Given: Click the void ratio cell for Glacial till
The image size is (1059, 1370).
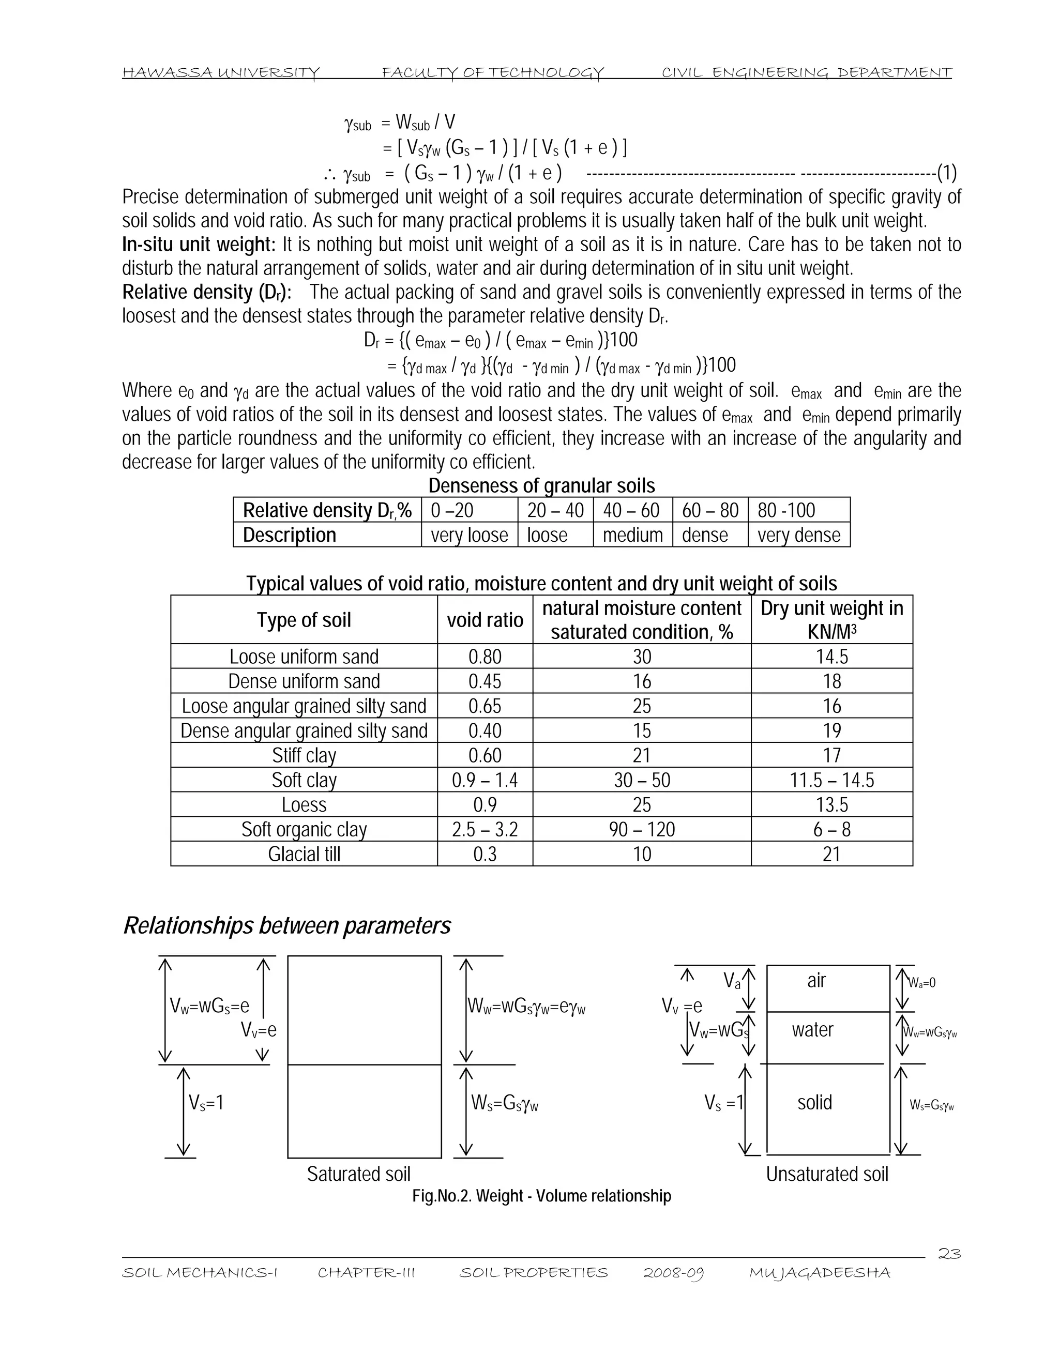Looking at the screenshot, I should click(x=485, y=854).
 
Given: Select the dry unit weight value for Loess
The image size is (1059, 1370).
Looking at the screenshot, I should click(x=831, y=805).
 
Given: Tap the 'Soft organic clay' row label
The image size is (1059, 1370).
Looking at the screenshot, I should click(x=304, y=829).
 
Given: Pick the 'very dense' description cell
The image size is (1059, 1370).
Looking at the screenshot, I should click(x=798, y=535).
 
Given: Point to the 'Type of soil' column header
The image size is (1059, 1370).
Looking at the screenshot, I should click(x=304, y=620).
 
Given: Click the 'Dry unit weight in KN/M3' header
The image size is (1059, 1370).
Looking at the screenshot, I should click(x=831, y=620).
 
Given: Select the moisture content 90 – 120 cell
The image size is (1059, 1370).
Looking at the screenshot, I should click(x=641, y=829).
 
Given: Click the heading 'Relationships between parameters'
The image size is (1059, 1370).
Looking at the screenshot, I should click(x=286, y=926).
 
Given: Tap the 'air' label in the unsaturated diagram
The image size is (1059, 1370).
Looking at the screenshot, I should click(x=815, y=980).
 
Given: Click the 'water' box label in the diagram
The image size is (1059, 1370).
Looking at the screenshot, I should click(x=812, y=1029).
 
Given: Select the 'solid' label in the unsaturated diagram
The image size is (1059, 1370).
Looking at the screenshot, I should click(x=814, y=1102).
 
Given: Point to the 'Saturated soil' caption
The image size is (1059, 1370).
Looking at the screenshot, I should click(x=358, y=1174).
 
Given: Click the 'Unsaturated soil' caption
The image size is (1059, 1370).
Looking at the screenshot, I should click(x=827, y=1174).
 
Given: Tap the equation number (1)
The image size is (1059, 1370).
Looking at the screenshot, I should click(x=946, y=172).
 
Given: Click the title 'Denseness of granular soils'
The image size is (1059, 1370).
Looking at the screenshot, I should click(x=541, y=485).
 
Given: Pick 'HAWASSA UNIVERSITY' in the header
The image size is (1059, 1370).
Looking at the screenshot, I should click(x=221, y=73).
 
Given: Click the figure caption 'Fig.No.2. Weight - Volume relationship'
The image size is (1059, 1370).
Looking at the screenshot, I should click(x=541, y=1196).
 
